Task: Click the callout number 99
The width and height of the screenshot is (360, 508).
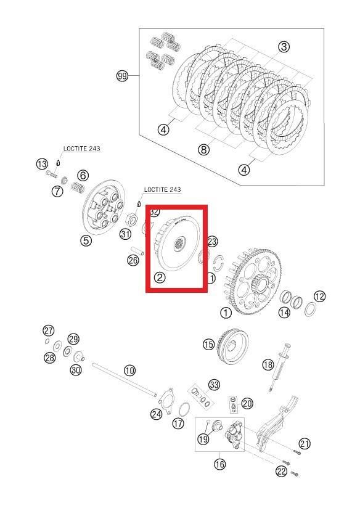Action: (x=122, y=76)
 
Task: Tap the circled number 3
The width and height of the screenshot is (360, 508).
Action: (x=284, y=46)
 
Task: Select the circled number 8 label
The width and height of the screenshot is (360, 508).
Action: (x=203, y=149)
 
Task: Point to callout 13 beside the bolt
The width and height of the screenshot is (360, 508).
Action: (x=41, y=164)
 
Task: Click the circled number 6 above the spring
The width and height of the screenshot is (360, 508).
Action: (x=83, y=175)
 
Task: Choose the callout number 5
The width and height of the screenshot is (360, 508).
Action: (x=86, y=240)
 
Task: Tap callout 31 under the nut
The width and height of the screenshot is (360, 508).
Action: (x=125, y=234)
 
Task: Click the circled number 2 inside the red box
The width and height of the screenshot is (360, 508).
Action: (x=160, y=277)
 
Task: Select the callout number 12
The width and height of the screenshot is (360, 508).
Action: (x=319, y=296)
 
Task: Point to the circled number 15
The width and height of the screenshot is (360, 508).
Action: (x=208, y=345)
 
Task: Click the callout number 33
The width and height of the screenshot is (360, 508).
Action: (x=213, y=385)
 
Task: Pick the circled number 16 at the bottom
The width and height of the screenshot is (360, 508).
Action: (x=219, y=464)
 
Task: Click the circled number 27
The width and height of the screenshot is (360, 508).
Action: (x=48, y=329)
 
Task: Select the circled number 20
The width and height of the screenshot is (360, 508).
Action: (x=247, y=404)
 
